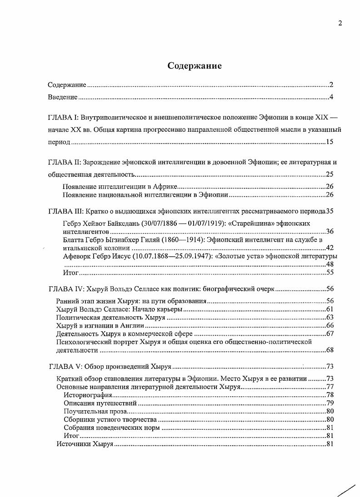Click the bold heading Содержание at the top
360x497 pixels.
(x=195, y=66)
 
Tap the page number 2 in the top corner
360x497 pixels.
(x=340, y=24)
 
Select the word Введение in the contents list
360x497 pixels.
(x=63, y=98)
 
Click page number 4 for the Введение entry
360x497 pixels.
(x=332, y=98)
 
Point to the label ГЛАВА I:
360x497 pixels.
(x=65, y=117)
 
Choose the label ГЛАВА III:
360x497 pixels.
(x=65, y=211)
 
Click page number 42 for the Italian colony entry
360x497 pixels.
(x=330, y=248)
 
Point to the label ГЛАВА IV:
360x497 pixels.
(x=65, y=289)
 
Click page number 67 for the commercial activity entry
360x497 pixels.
(x=330, y=334)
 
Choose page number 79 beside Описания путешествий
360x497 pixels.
(x=330, y=403)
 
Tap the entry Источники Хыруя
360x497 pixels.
(x=84, y=444)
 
